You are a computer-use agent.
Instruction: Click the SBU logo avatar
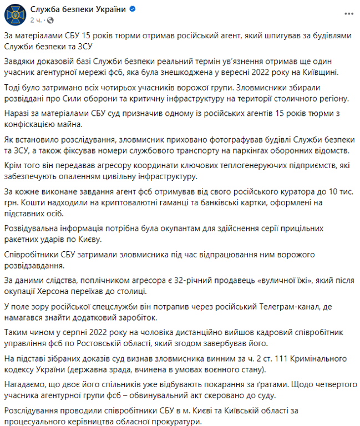(x=16, y=15)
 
